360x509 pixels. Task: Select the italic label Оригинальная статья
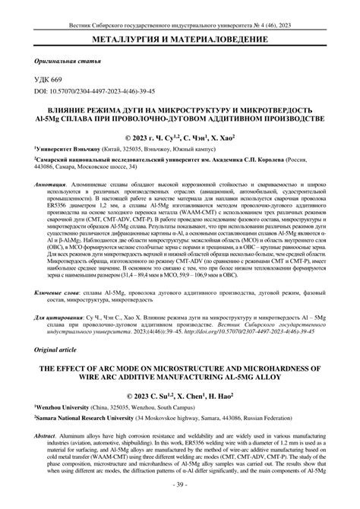pos(58,60)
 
